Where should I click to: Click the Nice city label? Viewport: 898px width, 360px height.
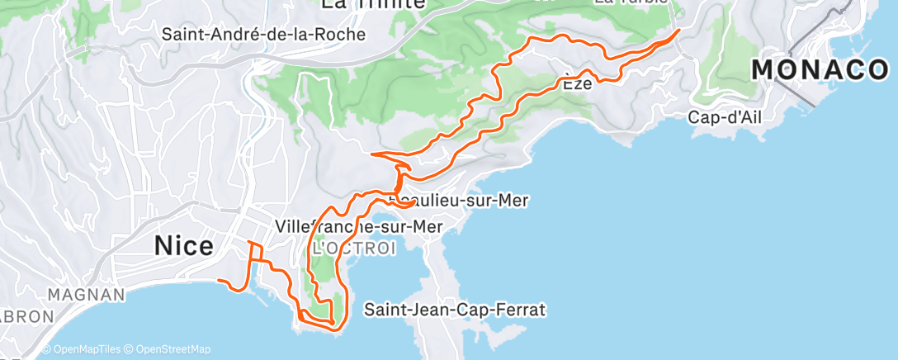pos(183,246)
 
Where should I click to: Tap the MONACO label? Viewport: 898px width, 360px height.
pos(820,70)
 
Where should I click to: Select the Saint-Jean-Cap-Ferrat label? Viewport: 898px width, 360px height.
pos(455,310)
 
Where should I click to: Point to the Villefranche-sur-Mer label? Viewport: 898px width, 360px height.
pos(358,226)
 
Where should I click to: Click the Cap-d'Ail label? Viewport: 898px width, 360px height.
pos(725,118)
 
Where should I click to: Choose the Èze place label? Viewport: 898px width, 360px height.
pos(579,83)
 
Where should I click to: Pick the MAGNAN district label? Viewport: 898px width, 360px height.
pos(86,294)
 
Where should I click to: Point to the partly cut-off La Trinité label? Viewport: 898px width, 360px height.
pos(372,4)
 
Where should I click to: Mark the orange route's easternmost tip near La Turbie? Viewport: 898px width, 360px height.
pos(678,31)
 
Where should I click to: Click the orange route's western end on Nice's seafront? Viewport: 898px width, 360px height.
pos(219,281)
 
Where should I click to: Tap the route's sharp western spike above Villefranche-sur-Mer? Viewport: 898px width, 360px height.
pos(373,154)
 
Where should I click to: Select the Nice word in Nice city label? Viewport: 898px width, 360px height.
pos(183,246)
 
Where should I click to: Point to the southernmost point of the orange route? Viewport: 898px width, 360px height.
pos(334,329)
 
